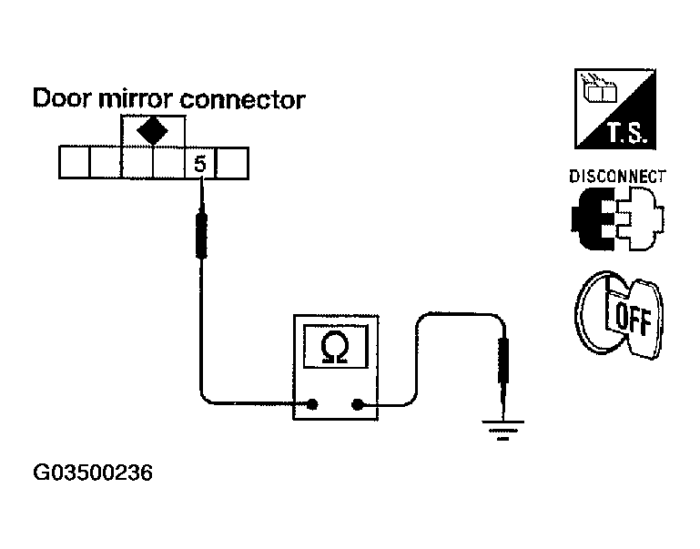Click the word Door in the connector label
click(x=62, y=98)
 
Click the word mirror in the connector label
click(x=134, y=98)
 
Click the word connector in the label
click(x=241, y=98)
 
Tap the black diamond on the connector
click(x=152, y=130)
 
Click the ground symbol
click(x=502, y=428)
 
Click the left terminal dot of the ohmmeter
click(x=314, y=405)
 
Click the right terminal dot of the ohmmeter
click(x=357, y=405)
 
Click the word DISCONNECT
click(x=616, y=176)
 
